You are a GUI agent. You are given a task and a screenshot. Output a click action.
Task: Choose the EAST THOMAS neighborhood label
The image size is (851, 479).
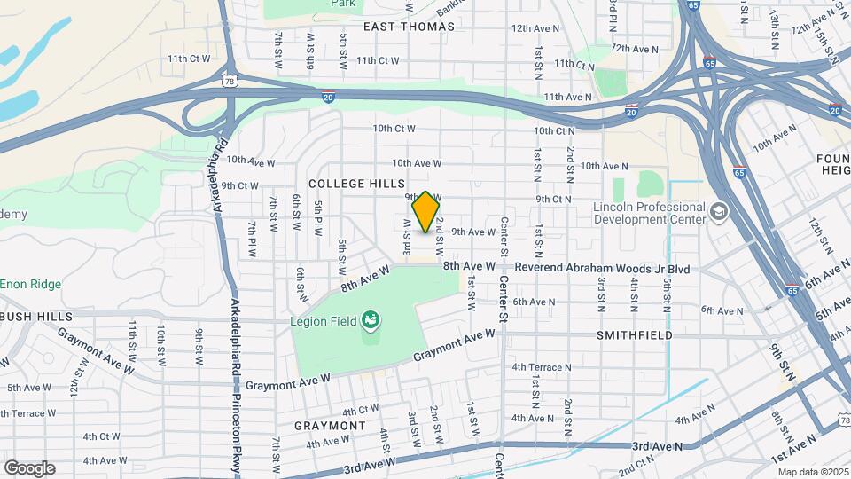[x=409, y=27]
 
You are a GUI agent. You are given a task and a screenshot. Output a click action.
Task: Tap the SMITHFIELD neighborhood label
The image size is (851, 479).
[x=634, y=335]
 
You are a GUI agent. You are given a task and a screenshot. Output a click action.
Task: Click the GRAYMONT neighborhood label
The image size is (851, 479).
[x=330, y=425]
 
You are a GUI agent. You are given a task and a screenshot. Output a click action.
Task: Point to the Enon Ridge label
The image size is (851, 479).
[x=30, y=284]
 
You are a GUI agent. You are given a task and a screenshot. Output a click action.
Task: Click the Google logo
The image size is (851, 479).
[x=28, y=467]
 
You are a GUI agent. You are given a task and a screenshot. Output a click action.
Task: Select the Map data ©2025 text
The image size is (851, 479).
[x=812, y=471]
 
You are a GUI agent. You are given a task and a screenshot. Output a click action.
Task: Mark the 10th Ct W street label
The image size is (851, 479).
[x=394, y=129]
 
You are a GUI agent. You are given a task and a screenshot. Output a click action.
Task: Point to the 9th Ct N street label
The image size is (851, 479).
[x=553, y=200]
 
